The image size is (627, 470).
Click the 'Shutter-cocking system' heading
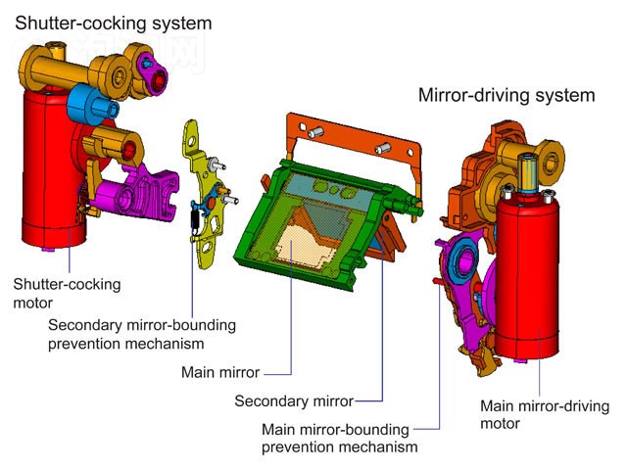click(x=114, y=23)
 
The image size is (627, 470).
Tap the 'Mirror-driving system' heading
click(x=506, y=96)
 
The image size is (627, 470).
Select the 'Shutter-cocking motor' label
click(x=67, y=294)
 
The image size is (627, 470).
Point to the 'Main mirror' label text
click(x=220, y=372)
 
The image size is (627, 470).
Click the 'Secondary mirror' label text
click(x=294, y=400)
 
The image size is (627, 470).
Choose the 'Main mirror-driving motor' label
click(x=545, y=414)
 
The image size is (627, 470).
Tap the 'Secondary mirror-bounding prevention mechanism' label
click(x=142, y=334)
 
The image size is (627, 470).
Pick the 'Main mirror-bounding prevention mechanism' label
click(x=340, y=438)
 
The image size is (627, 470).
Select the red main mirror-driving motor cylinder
click(x=527, y=276)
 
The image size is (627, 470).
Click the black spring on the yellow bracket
click(x=196, y=220)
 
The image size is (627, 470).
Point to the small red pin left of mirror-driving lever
click(x=437, y=281)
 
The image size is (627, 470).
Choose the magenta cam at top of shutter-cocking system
click(x=153, y=74)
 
